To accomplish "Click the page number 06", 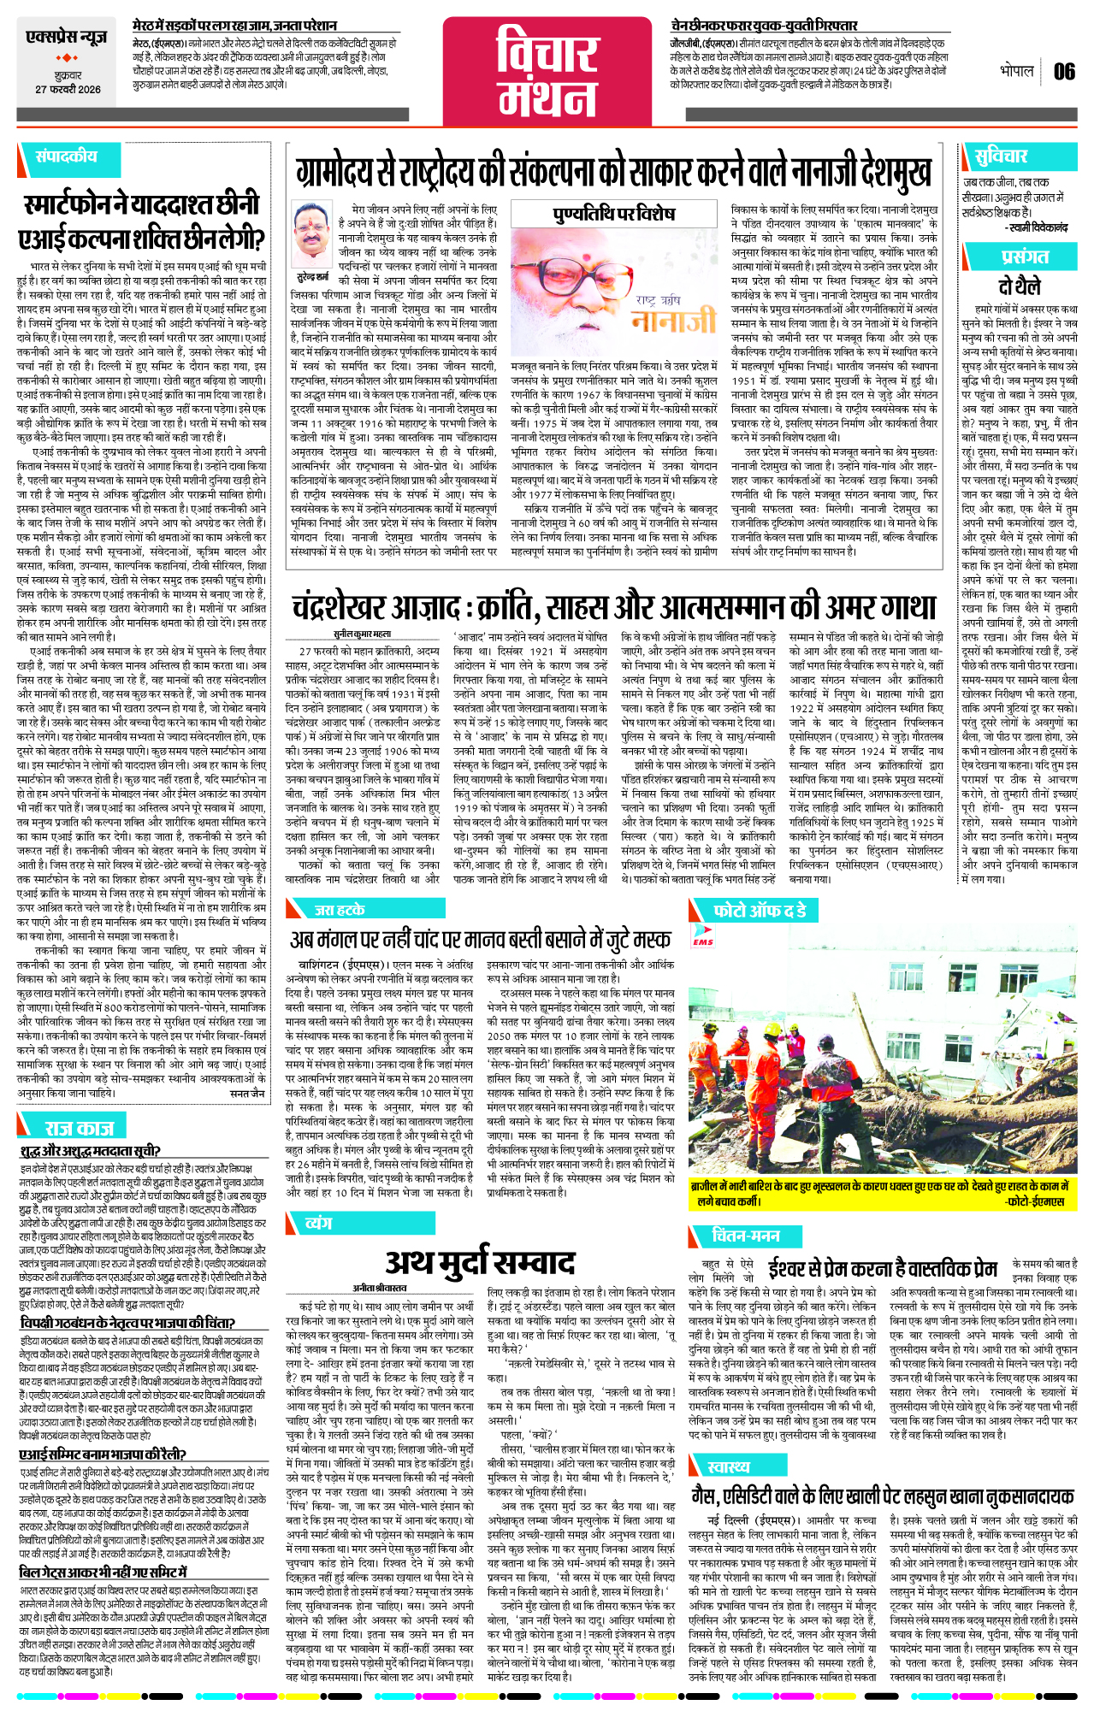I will click(x=1064, y=72).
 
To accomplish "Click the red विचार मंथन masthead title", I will click(x=547, y=71).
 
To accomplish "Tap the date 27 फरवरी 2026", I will click(x=68, y=90).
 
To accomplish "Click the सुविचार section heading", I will click(x=1001, y=156).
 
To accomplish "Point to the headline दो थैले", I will click(x=1019, y=286).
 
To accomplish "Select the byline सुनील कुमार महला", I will click(x=362, y=634).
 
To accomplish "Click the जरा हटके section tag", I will click(x=340, y=910).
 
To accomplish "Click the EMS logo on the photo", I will click(x=702, y=938).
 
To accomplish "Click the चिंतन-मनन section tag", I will click(x=745, y=1236).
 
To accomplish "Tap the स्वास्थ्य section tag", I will click(x=729, y=1467).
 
